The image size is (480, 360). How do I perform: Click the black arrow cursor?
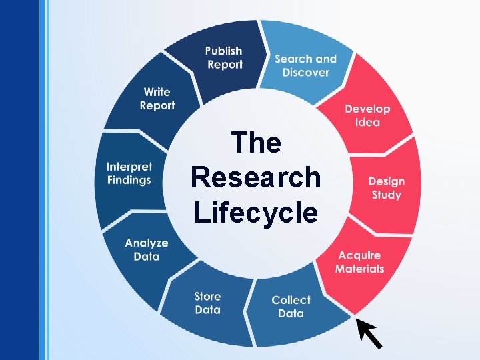(x=369, y=333)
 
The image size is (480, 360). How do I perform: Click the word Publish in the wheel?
(x=223, y=51)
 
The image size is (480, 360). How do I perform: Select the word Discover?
(x=305, y=72)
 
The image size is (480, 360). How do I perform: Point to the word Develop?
(x=367, y=109)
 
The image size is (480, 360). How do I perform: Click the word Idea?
(x=367, y=122)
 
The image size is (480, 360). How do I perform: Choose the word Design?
(x=386, y=181)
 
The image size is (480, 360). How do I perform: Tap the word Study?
(x=386, y=195)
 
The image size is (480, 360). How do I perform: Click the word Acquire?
(x=359, y=255)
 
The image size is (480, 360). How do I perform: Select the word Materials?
(x=359, y=269)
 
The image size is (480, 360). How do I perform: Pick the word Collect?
(x=291, y=300)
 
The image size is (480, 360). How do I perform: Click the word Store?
(x=207, y=296)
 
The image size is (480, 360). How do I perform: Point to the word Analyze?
(x=146, y=243)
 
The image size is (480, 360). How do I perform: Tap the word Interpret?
(x=129, y=167)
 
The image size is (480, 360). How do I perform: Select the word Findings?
(x=129, y=180)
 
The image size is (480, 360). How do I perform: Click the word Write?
(x=157, y=92)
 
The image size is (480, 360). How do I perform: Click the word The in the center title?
(x=256, y=143)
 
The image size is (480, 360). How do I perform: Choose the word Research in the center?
(x=256, y=178)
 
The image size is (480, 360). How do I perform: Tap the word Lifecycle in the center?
(x=256, y=213)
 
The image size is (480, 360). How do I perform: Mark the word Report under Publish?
(x=225, y=65)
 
